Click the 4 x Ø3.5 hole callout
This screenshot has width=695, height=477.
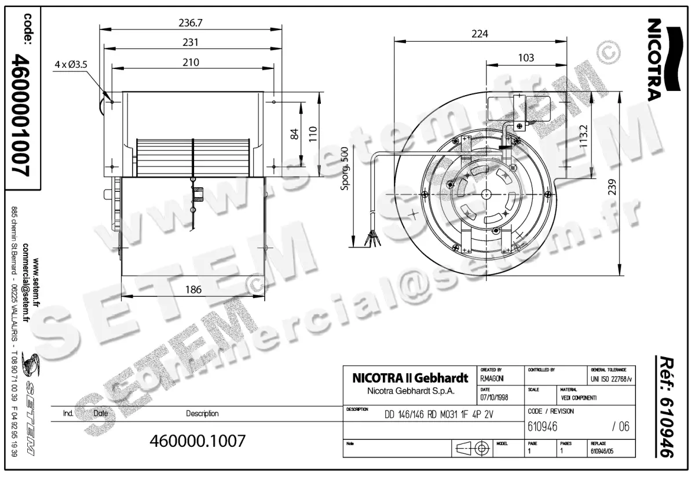click(x=71, y=64)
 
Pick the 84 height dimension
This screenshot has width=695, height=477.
click(x=294, y=133)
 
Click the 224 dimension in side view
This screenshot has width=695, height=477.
click(x=480, y=34)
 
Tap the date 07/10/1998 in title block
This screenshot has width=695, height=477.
click(x=494, y=398)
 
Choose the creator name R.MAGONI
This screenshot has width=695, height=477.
click(x=492, y=378)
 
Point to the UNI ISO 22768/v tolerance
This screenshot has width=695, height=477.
click(x=612, y=378)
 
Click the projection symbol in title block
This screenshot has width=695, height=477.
click(x=470, y=449)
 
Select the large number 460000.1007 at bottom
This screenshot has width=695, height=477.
click(x=197, y=440)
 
